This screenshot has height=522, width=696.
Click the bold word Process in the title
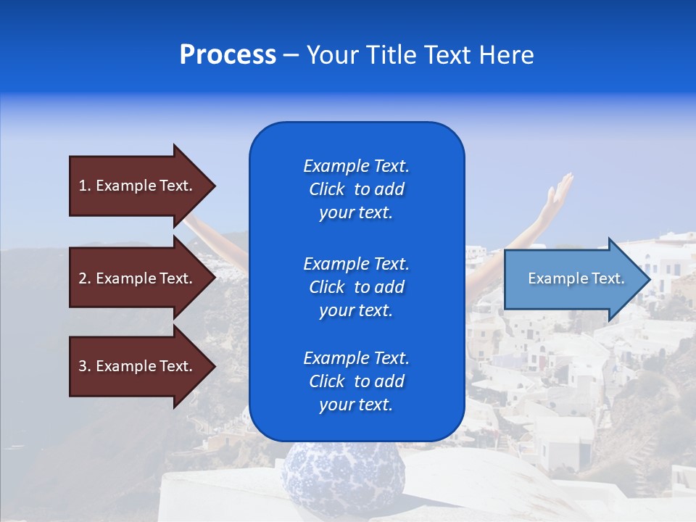pos(228,55)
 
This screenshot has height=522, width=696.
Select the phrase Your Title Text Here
pos(420,55)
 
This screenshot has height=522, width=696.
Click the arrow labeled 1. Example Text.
pos(138,186)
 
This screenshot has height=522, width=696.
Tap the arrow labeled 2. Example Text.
pos(138,278)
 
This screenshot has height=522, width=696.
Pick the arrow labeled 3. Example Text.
pos(138,366)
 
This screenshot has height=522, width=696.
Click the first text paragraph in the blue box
pos(357,189)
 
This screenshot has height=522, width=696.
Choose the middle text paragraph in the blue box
pos(357,287)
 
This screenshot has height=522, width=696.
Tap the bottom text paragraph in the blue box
pos(357,381)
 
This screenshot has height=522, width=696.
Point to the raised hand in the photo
pos(560,191)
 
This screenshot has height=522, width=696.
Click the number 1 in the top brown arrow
pos(83,186)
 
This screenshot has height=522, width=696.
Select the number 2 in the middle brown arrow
pos(83,278)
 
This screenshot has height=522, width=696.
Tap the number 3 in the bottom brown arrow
pos(83,366)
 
